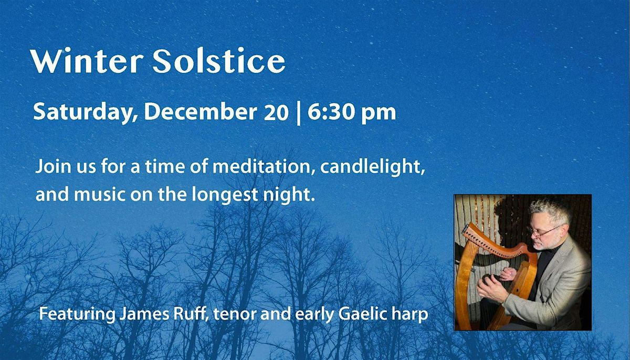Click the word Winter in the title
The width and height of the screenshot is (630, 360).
click(87, 62)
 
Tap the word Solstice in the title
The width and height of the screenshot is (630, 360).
click(219, 62)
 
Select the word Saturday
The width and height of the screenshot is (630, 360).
click(81, 112)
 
